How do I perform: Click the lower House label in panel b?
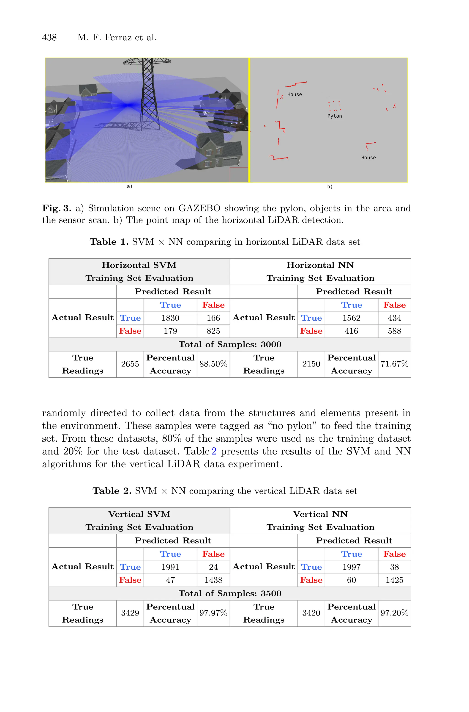point(368,158)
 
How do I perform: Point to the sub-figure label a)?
point(129,186)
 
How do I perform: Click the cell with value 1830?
point(170,318)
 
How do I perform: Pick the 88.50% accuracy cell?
point(213,364)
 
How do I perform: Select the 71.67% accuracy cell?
point(394,364)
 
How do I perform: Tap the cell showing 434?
point(394,318)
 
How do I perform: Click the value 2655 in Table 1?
point(130,364)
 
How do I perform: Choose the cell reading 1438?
point(213,580)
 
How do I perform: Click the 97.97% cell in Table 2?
point(213,613)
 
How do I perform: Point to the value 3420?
point(311,613)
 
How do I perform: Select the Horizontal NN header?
point(320,265)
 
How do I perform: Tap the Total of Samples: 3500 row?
point(230,593)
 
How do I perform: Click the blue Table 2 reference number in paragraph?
point(214,451)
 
